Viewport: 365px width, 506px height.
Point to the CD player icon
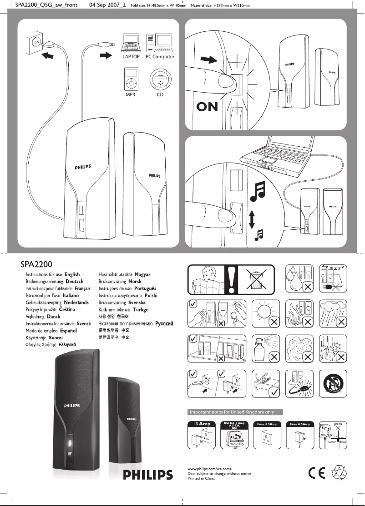pos(160,80)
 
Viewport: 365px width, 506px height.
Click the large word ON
pos(207,108)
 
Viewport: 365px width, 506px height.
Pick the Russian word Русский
pos(165,323)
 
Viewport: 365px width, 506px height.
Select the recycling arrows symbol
pos(340,473)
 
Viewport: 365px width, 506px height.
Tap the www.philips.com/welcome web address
pos(210,468)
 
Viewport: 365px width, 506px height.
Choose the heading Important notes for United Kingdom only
pos(235,412)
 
